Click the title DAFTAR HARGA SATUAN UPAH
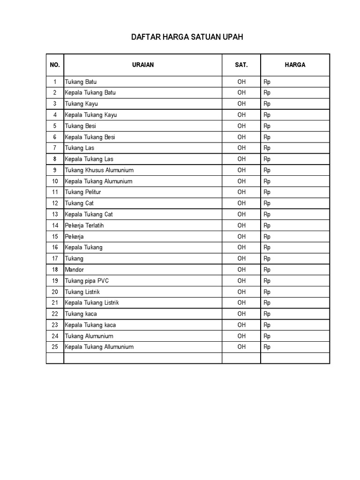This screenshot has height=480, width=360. pyautogui.click(x=187, y=37)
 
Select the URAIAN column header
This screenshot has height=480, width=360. pyautogui.click(x=143, y=65)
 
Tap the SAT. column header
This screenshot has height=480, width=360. pyautogui.click(x=241, y=65)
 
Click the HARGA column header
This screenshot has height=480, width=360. pyautogui.click(x=295, y=65)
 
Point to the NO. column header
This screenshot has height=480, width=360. pyautogui.click(x=55, y=65)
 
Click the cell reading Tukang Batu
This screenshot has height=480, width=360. pyautogui.click(x=81, y=82)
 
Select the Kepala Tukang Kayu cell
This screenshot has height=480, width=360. pyautogui.click(x=91, y=115)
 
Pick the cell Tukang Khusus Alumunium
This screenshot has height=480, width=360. pyautogui.click(x=99, y=170)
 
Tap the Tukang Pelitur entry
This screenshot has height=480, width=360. pyautogui.click(x=83, y=192)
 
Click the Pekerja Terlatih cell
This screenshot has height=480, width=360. pyautogui.click(x=84, y=225)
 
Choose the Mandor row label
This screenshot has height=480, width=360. pyautogui.click(x=75, y=270)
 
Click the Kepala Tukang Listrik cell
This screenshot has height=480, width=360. pyautogui.click(x=92, y=303)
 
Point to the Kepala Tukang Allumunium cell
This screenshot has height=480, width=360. pyautogui.click(x=99, y=347)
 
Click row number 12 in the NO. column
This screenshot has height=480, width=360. pyautogui.click(x=55, y=203)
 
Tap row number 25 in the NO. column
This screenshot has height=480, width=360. pyautogui.click(x=55, y=347)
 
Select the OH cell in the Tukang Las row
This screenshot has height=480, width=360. pyautogui.click(x=241, y=148)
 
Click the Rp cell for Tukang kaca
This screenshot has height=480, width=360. pyautogui.click(x=267, y=314)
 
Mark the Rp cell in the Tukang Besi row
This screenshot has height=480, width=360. pyautogui.click(x=267, y=126)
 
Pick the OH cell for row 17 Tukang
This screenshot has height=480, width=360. pyautogui.click(x=241, y=258)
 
